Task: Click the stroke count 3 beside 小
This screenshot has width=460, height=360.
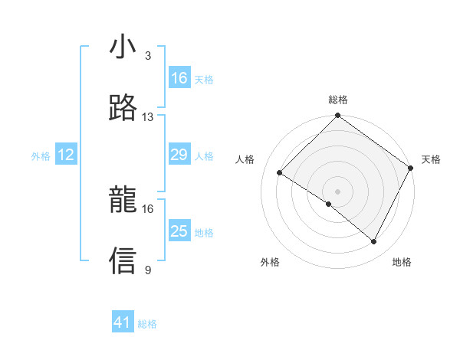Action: click(x=148, y=56)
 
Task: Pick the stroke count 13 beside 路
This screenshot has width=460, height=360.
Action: click(x=148, y=117)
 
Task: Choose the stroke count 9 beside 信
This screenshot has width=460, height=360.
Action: click(x=148, y=270)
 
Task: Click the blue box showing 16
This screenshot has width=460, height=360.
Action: click(x=179, y=78)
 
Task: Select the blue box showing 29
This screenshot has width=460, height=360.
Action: click(x=179, y=155)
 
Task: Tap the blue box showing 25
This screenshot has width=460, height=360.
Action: click(x=179, y=231)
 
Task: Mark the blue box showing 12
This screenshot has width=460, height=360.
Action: click(x=66, y=155)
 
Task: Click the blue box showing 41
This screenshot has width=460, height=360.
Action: click(x=123, y=323)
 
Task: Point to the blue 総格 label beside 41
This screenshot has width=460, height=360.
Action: click(x=147, y=324)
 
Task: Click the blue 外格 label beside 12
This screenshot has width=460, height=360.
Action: click(x=41, y=156)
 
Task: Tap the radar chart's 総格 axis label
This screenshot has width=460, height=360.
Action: click(x=338, y=100)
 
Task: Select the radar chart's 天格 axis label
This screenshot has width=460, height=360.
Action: click(x=431, y=159)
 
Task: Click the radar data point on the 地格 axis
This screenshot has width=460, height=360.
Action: click(x=374, y=242)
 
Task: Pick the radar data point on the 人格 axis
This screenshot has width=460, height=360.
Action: click(x=280, y=173)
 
